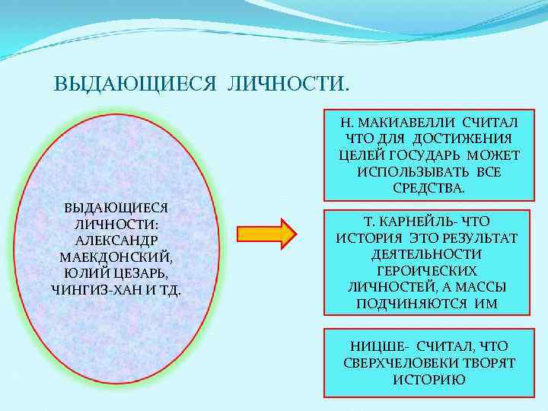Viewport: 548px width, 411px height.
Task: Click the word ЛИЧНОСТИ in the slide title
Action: (288, 82)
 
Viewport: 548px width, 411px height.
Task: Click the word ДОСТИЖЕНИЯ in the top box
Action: (462, 139)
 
